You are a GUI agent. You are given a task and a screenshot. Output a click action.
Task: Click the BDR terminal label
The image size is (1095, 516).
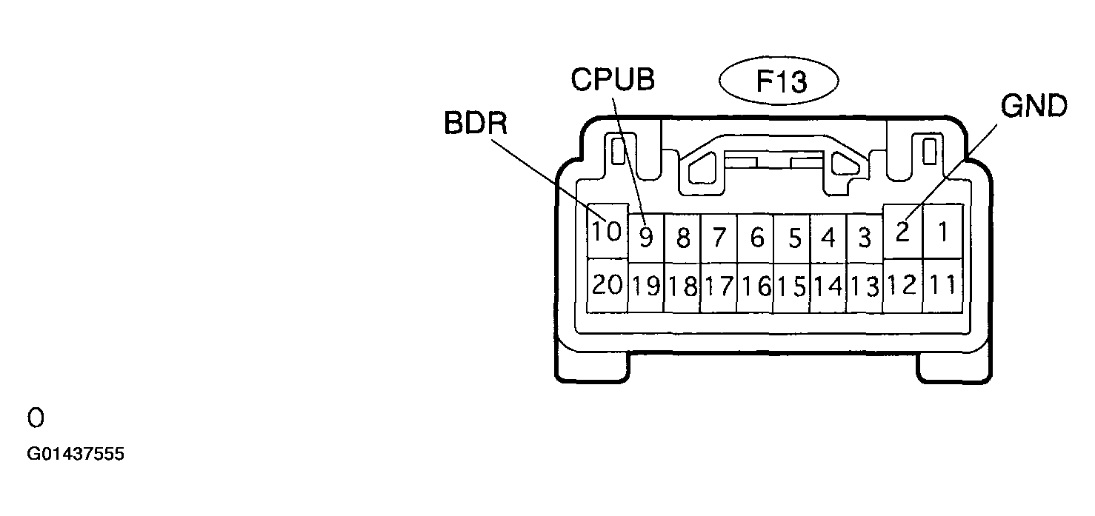click(476, 123)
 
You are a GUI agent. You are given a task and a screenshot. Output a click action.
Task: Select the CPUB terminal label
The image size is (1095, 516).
click(613, 79)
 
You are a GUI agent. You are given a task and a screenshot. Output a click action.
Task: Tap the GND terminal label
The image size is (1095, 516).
click(1034, 106)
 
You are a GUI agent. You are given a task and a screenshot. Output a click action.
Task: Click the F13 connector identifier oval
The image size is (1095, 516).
click(779, 81)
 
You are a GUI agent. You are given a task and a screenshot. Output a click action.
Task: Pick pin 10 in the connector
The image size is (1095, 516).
click(607, 231)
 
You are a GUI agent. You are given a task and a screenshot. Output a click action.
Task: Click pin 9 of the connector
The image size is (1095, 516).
click(646, 238)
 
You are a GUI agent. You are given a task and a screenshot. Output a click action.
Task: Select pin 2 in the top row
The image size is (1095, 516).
click(902, 231)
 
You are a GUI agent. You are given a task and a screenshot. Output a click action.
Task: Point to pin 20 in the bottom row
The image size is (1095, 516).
click(607, 285)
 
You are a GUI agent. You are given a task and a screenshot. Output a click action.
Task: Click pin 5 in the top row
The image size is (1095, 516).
click(792, 238)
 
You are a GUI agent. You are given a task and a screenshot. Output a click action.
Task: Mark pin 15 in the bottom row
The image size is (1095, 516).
click(792, 287)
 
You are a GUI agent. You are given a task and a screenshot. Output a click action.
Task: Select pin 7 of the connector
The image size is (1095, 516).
click(719, 238)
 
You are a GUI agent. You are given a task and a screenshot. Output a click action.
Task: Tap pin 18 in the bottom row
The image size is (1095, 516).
click(682, 287)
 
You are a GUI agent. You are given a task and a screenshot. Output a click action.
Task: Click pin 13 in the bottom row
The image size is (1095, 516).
click(865, 287)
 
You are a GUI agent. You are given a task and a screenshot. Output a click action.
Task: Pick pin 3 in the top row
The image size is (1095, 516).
click(865, 238)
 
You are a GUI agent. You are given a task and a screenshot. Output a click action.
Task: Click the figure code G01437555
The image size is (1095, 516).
click(76, 454)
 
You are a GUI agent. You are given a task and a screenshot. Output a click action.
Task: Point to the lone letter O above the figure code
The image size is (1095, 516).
click(36, 418)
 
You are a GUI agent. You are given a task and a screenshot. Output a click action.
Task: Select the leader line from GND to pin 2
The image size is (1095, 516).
click(951, 173)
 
